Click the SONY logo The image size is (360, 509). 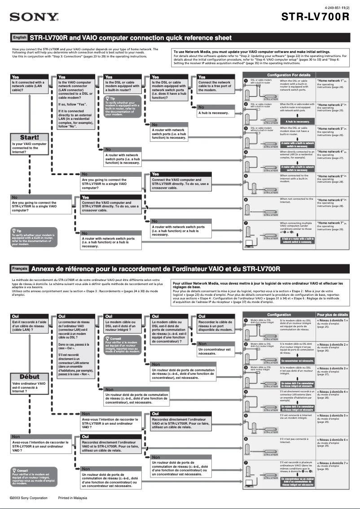click(x=35, y=18)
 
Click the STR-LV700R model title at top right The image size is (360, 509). click(x=315, y=17)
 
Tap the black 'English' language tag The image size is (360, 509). click(x=20, y=38)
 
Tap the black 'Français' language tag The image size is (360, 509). click(x=20, y=268)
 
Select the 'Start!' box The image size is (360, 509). click(x=29, y=137)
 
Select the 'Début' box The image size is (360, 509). click(x=29, y=377)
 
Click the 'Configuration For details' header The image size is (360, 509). click(x=289, y=75)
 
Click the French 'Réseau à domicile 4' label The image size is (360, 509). click(x=332, y=392)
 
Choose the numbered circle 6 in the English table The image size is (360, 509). click(x=246, y=199)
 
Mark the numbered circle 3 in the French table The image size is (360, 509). click(x=246, y=368)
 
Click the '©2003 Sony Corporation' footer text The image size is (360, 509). click(x=29, y=498)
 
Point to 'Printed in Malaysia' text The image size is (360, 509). click(x=73, y=498)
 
